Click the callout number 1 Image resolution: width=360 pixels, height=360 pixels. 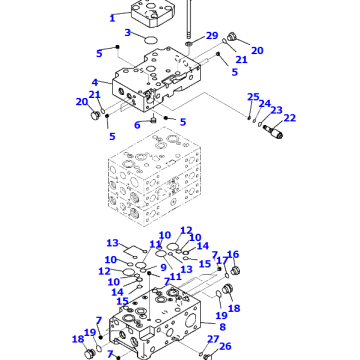[x=113, y=17]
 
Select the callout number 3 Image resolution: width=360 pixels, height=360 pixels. [x=128, y=33]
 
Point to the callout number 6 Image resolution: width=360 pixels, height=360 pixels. [x=138, y=124]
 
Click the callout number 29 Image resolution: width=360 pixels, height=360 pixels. [x=212, y=37]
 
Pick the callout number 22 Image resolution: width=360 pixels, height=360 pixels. [x=290, y=118]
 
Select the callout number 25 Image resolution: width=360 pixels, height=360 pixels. [x=252, y=97]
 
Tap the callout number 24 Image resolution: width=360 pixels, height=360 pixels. [x=265, y=103]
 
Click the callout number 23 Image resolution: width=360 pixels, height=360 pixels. [x=276, y=111]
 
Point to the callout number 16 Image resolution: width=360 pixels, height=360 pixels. [x=234, y=255]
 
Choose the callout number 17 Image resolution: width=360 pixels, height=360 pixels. [x=221, y=262]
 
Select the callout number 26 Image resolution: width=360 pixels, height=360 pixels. [x=225, y=347]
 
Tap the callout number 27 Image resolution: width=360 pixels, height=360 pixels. [x=212, y=340]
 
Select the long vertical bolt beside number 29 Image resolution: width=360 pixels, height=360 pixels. [x=188, y=20]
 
